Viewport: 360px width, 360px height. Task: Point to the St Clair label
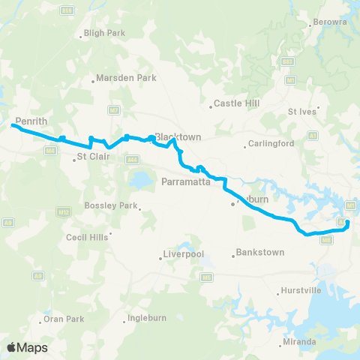[x=91, y=157]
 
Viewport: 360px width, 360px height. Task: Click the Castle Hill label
[x=235, y=103]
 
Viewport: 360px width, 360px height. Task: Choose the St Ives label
[x=304, y=111]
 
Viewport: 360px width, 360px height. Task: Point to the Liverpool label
[x=186, y=255]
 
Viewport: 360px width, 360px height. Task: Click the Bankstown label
[x=259, y=253]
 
